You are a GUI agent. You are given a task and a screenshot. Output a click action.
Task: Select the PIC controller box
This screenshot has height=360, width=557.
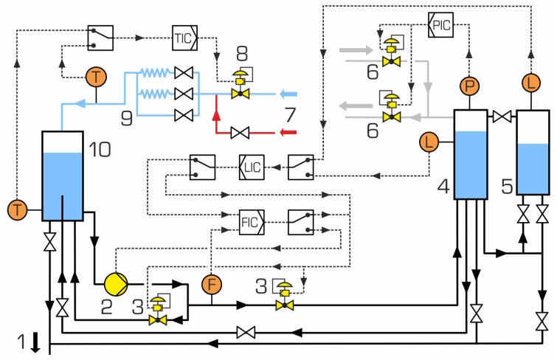440,24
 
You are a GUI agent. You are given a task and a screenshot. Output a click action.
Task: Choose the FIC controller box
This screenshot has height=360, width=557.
251,221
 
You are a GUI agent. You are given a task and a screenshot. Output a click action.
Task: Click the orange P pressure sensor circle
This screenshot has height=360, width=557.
469,86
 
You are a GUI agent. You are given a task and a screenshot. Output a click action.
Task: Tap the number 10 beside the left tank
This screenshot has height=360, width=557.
100,150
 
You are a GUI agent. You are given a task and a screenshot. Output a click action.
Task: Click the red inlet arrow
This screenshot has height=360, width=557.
287,133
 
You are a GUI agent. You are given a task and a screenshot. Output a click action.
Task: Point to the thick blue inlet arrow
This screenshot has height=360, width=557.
287,94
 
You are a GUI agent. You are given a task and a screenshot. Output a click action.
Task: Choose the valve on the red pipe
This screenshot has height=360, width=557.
239,133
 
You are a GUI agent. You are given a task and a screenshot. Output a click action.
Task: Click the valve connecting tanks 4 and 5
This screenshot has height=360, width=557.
502,116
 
